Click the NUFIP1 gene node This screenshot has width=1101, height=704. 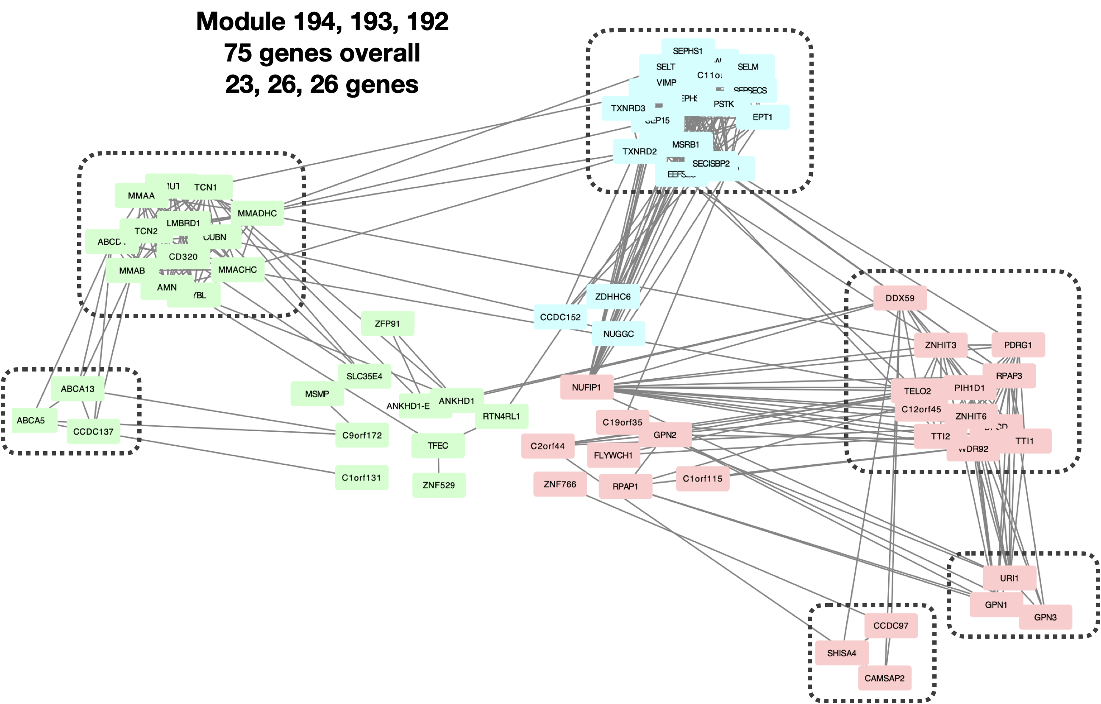click(586, 388)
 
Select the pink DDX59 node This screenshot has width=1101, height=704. click(899, 298)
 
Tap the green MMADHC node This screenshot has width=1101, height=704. click(257, 213)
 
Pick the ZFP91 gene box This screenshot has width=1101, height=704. click(387, 324)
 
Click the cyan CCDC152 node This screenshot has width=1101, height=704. click(560, 317)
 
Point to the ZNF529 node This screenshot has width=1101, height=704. click(439, 485)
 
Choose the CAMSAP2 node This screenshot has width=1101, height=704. click(884, 678)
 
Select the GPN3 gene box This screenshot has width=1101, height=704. click(1045, 617)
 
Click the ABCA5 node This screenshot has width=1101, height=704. click(31, 420)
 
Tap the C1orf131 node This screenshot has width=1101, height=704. click(361, 478)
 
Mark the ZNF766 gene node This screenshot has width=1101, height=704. click(560, 484)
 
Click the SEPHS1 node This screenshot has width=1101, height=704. click(687, 51)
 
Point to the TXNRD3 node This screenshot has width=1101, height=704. click(628, 109)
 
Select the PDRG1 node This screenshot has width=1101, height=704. click(1018, 345)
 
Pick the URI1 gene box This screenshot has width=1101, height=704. click(1009, 578)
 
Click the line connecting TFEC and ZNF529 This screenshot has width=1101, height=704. click(439, 466)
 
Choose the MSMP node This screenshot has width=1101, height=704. click(317, 394)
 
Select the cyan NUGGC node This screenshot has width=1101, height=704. click(618, 334)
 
